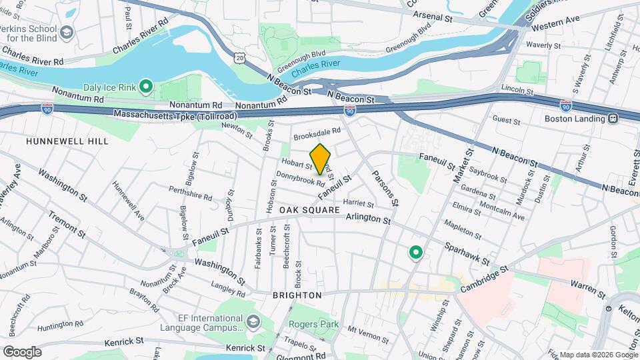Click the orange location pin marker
321,159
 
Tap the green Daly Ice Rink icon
146,87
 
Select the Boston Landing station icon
612,119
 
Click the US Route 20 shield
241,58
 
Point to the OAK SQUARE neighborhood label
309,210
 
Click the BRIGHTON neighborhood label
297,295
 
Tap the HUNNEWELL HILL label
57,142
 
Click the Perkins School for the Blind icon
67,32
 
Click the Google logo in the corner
22,351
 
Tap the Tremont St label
67,225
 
